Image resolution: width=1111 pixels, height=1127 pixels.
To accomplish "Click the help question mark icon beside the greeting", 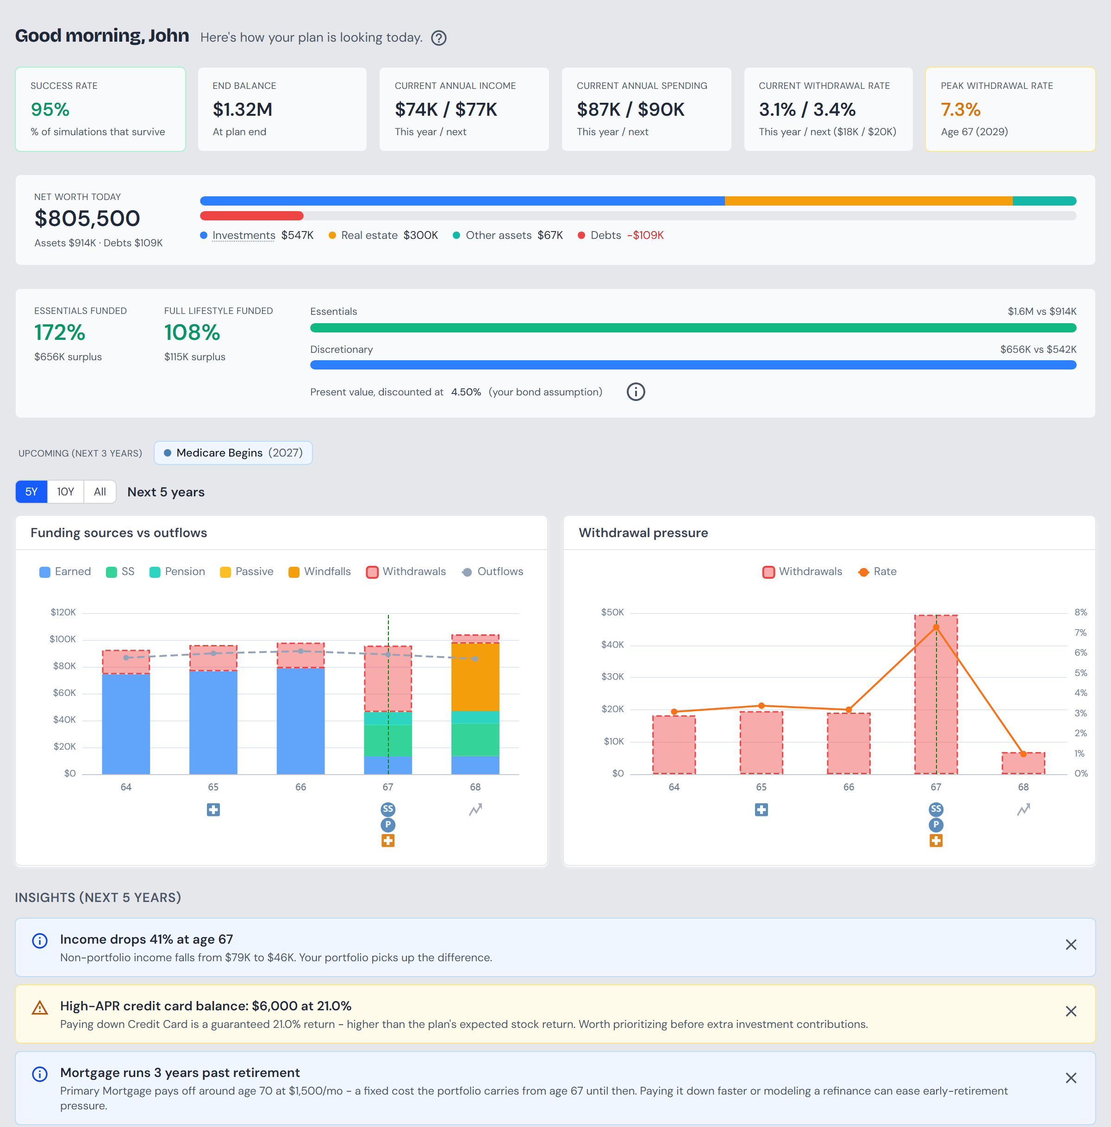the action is tap(438, 38).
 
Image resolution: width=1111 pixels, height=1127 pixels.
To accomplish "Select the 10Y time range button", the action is tap(65, 492).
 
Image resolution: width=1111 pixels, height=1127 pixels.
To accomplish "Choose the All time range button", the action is tap(100, 492).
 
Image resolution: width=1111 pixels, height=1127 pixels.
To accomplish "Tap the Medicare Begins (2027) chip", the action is tap(233, 453).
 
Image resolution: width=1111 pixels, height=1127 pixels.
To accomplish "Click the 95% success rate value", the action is tap(50, 109).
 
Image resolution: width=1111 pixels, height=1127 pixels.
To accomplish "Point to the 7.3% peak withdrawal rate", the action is tap(961, 109).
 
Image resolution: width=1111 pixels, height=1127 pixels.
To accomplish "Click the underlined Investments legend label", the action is tap(244, 235).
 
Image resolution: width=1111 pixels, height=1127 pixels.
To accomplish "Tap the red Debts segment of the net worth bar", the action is tap(252, 216).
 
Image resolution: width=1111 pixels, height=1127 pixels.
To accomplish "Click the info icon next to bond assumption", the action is tap(636, 392).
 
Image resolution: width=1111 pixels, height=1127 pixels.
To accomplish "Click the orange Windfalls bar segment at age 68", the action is tap(475, 676).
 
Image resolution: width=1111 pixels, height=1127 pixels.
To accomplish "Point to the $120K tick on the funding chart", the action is tap(63, 613).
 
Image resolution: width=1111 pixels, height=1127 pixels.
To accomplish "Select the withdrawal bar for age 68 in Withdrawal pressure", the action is tap(1024, 764).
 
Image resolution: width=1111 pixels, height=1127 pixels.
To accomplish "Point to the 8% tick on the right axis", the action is tap(1080, 613).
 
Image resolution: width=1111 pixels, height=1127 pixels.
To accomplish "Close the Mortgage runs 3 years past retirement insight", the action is tap(1071, 1078).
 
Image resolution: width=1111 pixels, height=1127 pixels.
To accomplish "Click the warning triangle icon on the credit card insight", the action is tap(40, 1008).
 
